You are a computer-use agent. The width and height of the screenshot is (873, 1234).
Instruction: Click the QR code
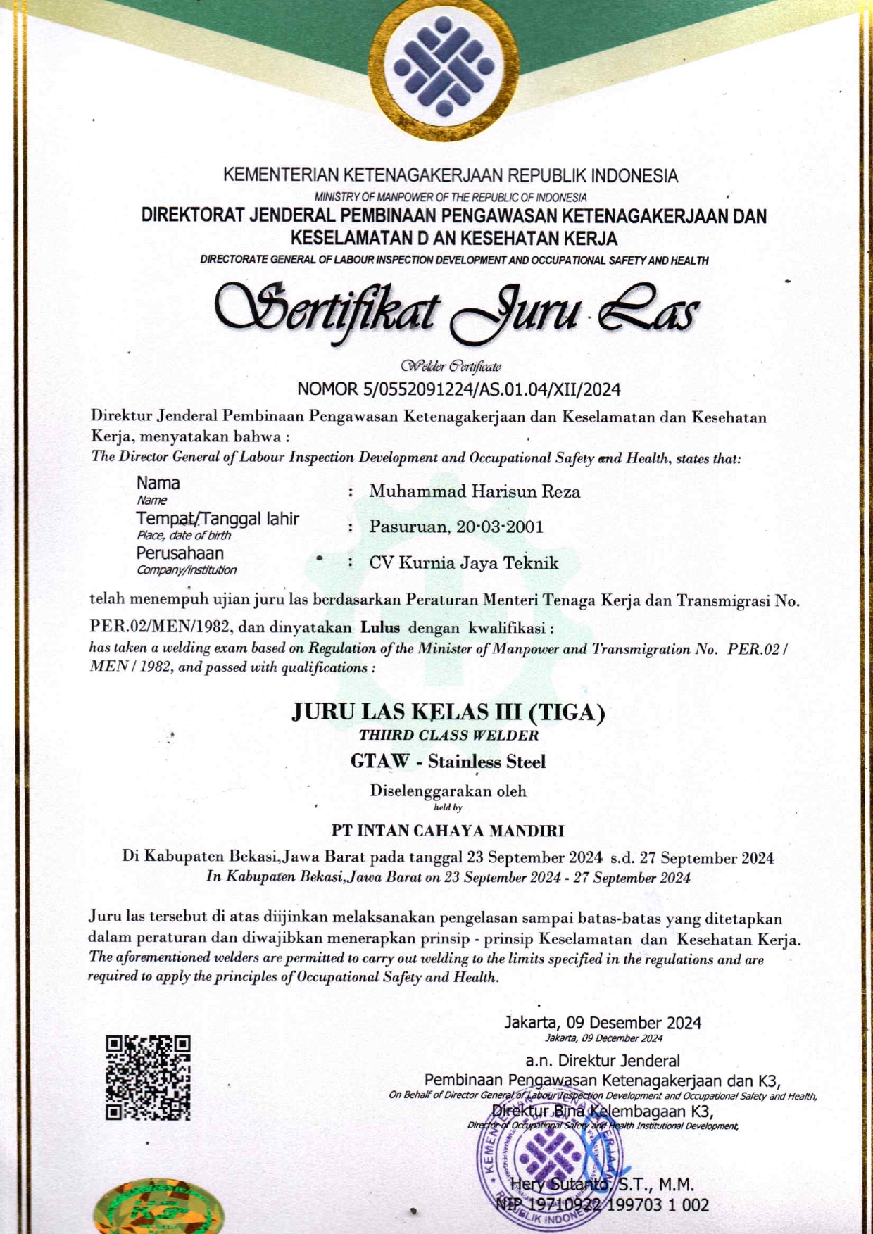pos(148,1077)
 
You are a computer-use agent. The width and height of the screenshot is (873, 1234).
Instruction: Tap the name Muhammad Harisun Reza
pos(475,492)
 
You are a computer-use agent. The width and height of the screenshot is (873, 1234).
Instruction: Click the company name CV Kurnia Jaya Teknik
pos(464,563)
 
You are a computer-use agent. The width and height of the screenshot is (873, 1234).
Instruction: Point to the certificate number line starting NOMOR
pos(458,389)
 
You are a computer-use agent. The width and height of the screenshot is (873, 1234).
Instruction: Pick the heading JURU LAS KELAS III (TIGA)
pos(448,712)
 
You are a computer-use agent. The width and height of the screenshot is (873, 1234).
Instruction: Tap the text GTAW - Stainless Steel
pos(448,762)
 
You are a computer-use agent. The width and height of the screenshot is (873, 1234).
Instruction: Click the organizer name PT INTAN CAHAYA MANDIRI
pos(448,831)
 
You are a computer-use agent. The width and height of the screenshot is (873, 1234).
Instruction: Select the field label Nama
pos(158,484)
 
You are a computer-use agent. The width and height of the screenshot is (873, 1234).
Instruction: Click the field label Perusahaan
pos(180,553)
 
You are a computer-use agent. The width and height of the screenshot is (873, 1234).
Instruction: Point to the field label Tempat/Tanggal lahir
pos(218,519)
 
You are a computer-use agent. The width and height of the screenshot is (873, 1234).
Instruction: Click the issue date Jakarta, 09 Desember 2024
pos(603,1023)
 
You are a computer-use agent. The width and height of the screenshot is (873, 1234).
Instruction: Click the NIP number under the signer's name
pos(603,1204)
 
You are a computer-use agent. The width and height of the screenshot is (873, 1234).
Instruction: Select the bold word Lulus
pos(380,627)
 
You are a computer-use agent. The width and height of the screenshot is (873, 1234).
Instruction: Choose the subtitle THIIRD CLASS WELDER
pos(448,736)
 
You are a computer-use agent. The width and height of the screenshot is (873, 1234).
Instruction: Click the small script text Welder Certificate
pos(451,366)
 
